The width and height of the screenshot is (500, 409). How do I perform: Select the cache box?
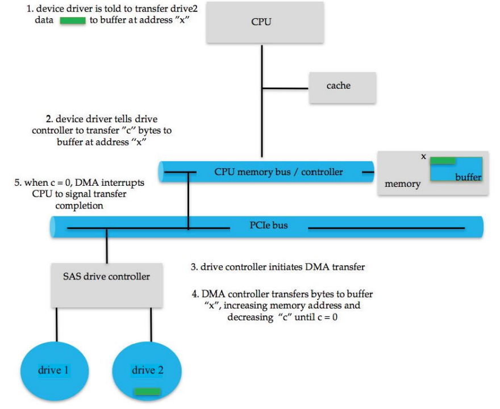coord(342,87)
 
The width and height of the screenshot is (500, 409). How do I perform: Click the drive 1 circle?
coord(54,371)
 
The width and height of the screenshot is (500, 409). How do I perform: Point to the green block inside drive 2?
coord(147,391)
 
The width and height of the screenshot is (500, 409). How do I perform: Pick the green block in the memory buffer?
coord(443,161)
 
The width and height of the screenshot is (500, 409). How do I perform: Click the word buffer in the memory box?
coord(468,177)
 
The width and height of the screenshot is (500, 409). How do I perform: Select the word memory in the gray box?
coord(402,184)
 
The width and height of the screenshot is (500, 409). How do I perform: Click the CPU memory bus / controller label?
coord(278,172)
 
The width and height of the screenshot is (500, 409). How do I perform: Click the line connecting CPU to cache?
coord(285,88)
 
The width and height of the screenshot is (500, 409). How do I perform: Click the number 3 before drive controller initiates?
coord(194,266)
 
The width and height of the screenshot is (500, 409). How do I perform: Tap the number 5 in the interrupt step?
coord(17,183)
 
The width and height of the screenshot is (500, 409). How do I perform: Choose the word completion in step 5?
coord(79,206)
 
